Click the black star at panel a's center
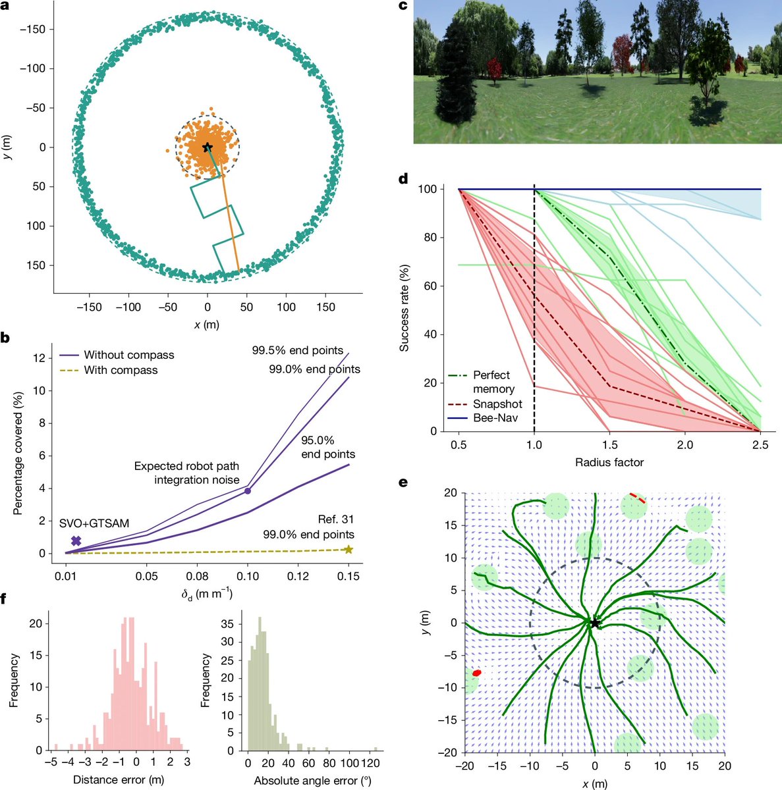(x=207, y=147)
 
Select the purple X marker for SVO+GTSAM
(x=76, y=540)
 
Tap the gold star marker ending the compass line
(x=349, y=550)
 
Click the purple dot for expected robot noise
(x=248, y=490)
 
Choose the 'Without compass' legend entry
(x=117, y=355)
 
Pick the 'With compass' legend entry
(x=109, y=370)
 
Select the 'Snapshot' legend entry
(x=486, y=404)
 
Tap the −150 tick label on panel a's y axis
(x=33, y=29)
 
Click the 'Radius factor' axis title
(x=609, y=462)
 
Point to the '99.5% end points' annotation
(x=298, y=350)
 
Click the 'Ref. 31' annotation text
(x=335, y=519)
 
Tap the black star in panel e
(x=594, y=623)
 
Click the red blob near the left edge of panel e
(x=476, y=673)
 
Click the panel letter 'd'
(x=403, y=179)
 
